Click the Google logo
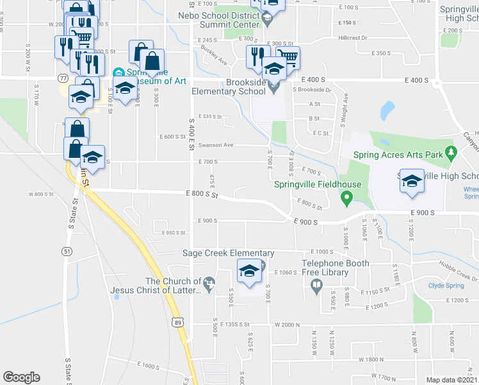[21, 377]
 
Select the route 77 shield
[63, 78]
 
